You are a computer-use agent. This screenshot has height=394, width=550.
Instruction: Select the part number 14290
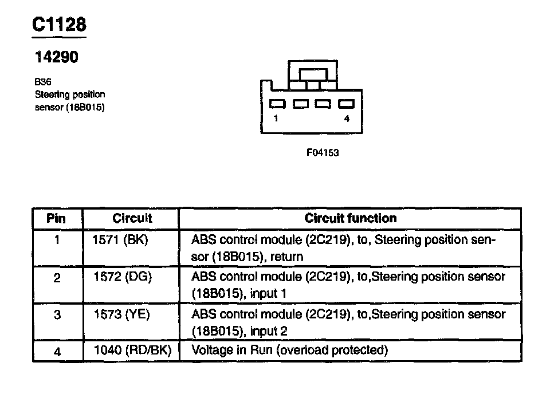[x=56, y=57]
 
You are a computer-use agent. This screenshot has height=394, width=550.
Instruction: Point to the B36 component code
[x=43, y=82]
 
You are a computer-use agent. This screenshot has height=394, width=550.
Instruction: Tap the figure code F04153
[x=323, y=152]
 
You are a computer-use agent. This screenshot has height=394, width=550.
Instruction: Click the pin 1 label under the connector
[x=276, y=119]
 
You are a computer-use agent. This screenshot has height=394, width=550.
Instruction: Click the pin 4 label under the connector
[x=346, y=119]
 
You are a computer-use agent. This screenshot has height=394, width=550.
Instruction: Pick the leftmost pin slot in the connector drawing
[x=278, y=104]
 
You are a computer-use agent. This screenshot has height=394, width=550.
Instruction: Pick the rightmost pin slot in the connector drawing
[x=346, y=104]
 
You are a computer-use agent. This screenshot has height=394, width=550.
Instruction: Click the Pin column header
[x=57, y=218]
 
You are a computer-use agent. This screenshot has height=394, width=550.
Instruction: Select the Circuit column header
[x=132, y=218]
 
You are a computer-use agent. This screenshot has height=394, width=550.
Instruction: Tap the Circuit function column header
[x=350, y=218]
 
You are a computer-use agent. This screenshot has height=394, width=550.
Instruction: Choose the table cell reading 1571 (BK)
[x=120, y=240]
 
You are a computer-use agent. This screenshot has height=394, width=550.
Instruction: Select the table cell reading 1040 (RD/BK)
[x=132, y=350]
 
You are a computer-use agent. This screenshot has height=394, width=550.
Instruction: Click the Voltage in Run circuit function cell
[x=290, y=350]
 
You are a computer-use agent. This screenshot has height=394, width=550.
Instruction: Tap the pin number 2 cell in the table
[x=57, y=278]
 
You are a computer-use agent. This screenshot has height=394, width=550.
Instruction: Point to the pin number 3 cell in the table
[x=57, y=315]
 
